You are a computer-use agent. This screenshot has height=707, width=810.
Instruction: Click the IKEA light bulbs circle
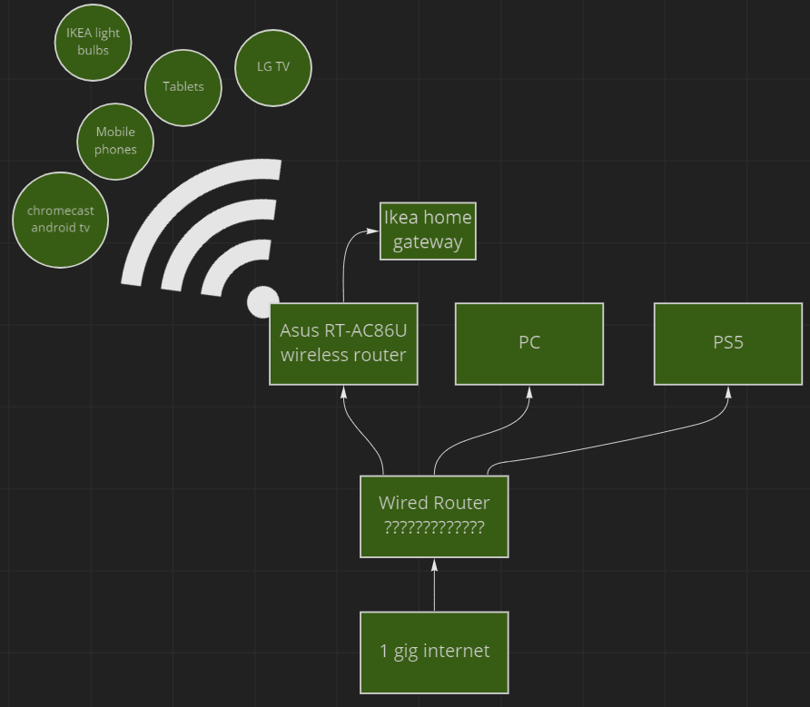pos(93,42)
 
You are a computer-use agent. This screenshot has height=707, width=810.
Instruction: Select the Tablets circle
pos(183,87)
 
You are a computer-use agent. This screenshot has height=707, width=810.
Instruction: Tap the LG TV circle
pos(272,67)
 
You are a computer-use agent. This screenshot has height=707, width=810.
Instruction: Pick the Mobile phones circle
pos(115,141)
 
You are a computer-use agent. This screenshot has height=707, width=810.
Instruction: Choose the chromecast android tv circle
pos(61,220)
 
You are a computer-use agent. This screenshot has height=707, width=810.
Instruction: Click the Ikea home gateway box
pos(428,231)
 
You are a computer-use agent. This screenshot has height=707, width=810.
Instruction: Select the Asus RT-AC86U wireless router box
pos(343,344)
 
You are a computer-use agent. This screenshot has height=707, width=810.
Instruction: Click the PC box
pos(528,344)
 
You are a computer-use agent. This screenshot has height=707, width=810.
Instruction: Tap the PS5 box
pos(727,344)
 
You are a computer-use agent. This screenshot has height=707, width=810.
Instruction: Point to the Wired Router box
pos(434,516)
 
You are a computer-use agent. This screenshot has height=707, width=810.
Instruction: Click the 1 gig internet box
pos(434,652)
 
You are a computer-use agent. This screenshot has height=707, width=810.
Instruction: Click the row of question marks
pos(434,527)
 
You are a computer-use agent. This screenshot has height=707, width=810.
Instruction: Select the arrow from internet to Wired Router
pos(434,585)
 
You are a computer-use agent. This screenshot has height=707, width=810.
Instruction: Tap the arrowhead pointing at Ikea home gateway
pos(373,231)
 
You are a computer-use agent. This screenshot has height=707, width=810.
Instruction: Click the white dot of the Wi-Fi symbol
pos(263,300)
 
